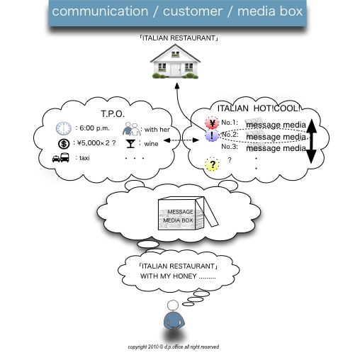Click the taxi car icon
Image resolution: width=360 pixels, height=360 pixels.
[x=61, y=159]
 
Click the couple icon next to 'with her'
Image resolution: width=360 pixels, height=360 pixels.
[x=131, y=129]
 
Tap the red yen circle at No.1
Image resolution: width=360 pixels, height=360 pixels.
[x=210, y=123]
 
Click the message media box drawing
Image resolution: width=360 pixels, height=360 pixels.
[x=184, y=214]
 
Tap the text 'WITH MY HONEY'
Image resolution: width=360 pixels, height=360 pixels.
[x=174, y=276]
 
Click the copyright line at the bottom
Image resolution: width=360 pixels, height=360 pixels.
[x=173, y=347]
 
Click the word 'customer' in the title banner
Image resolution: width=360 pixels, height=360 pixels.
[x=190, y=11]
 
